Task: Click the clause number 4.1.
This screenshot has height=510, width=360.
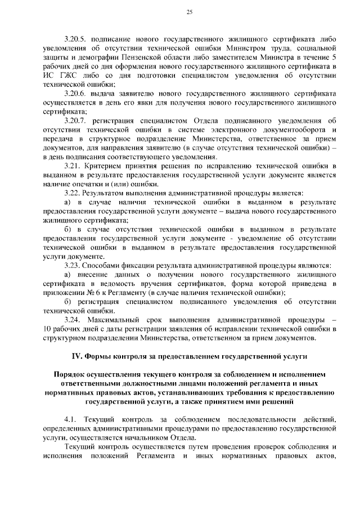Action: coord(70,419)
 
